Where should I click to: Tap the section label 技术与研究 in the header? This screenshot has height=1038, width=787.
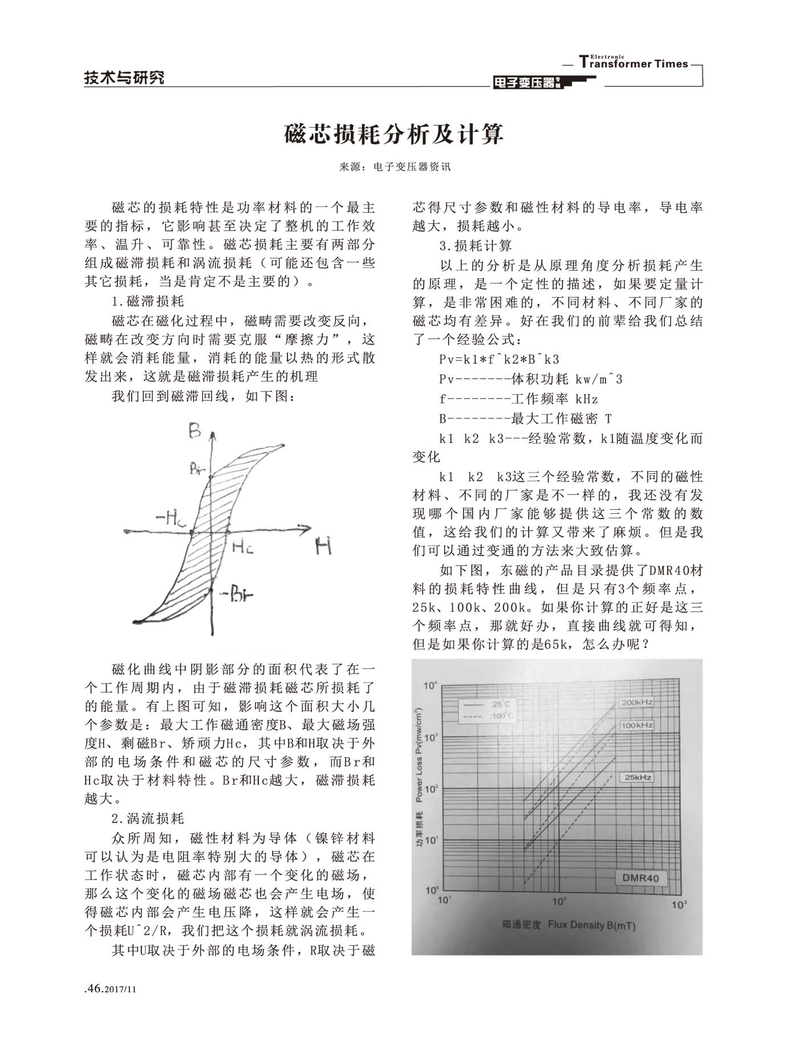tap(124, 77)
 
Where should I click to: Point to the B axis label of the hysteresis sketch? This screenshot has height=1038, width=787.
tap(195, 431)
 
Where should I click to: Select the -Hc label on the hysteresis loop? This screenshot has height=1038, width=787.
tap(171, 518)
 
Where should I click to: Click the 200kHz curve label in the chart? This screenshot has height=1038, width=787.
tap(636, 703)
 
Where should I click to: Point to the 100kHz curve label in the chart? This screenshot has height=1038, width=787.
tap(636, 725)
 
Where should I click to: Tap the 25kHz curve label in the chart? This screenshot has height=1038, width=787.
tap(638, 777)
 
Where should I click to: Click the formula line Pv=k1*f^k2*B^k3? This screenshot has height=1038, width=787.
tap(500, 359)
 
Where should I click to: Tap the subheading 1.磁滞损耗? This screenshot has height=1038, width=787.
tap(148, 301)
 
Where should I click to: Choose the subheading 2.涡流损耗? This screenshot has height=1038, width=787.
tap(148, 818)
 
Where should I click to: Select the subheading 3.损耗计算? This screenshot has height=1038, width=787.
tap(476, 246)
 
